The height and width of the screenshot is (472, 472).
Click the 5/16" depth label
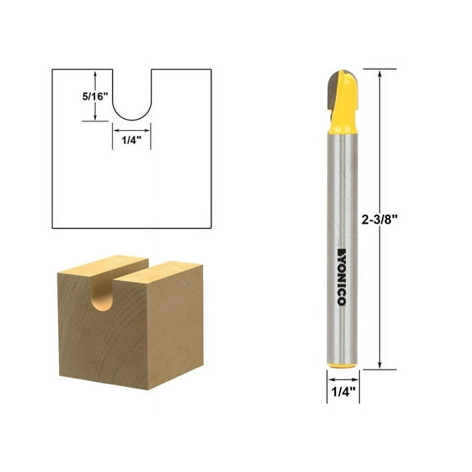[x=70, y=95]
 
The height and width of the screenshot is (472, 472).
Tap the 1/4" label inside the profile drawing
[x=131, y=139]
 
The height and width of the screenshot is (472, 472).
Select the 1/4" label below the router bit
[x=339, y=392]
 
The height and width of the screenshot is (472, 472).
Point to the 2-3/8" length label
[x=404, y=219]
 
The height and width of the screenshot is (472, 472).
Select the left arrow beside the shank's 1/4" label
[x=330, y=378]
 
